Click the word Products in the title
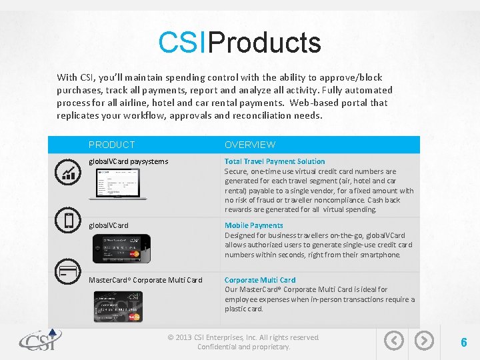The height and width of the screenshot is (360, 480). [x=265, y=43]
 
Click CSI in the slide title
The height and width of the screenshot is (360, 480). [x=183, y=43]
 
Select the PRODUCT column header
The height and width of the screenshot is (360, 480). [x=112, y=145]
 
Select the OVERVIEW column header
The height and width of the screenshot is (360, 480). [x=250, y=145]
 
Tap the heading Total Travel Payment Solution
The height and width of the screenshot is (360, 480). [x=275, y=161]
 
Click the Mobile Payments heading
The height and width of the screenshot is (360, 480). [x=253, y=225]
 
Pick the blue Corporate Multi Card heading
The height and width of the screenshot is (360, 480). [x=260, y=280]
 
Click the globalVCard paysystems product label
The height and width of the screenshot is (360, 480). [x=129, y=161]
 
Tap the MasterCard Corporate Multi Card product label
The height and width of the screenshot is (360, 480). [x=145, y=280]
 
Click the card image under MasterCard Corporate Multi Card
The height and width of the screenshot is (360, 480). [x=118, y=306]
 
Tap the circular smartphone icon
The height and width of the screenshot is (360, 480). [x=69, y=221]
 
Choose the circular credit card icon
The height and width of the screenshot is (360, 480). [x=69, y=271]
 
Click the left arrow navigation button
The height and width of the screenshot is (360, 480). [x=394, y=341]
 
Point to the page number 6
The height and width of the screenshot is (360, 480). [x=463, y=343]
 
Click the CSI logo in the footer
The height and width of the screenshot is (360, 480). [x=40, y=341]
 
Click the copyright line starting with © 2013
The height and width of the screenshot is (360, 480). [x=243, y=337]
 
